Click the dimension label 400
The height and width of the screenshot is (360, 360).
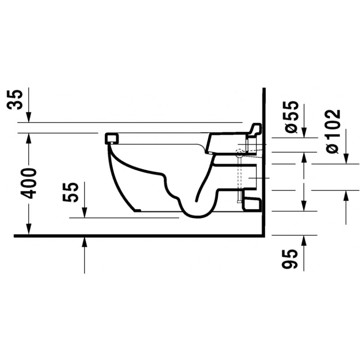coord(29,184)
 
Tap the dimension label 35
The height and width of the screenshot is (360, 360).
coord(15,100)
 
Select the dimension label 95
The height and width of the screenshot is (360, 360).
coord(290,259)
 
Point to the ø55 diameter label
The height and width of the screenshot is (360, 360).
coord(292,117)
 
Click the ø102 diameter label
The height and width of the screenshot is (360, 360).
coord(333,131)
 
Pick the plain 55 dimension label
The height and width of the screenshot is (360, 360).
coord(71,192)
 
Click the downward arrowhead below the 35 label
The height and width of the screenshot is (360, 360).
coord(29,117)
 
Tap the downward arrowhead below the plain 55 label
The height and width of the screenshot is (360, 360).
coord(85,212)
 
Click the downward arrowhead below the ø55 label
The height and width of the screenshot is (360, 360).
coord(304,132)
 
